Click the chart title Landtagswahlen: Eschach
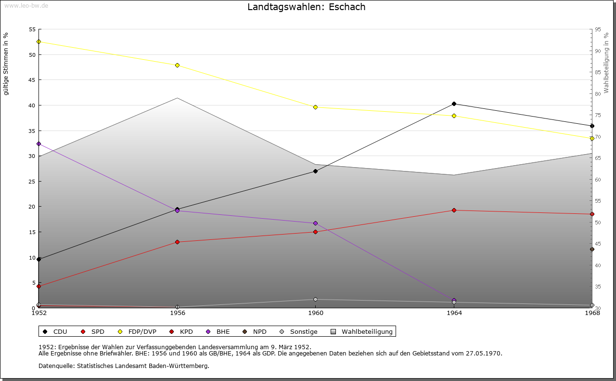tap(306, 7)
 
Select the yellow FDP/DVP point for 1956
tap(177, 66)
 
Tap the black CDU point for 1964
tap(454, 104)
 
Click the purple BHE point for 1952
tap(38, 144)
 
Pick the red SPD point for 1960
tap(315, 232)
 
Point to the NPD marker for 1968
tap(592, 250)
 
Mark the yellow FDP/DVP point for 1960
tap(315, 107)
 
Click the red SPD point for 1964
tap(454, 210)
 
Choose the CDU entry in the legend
tap(55, 332)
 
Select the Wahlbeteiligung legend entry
tap(362, 332)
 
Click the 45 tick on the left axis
tap(32, 80)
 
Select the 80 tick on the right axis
tap(598, 94)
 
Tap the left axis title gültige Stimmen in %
tap(6, 64)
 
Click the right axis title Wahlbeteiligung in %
tap(606, 63)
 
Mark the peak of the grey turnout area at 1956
tap(177, 99)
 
